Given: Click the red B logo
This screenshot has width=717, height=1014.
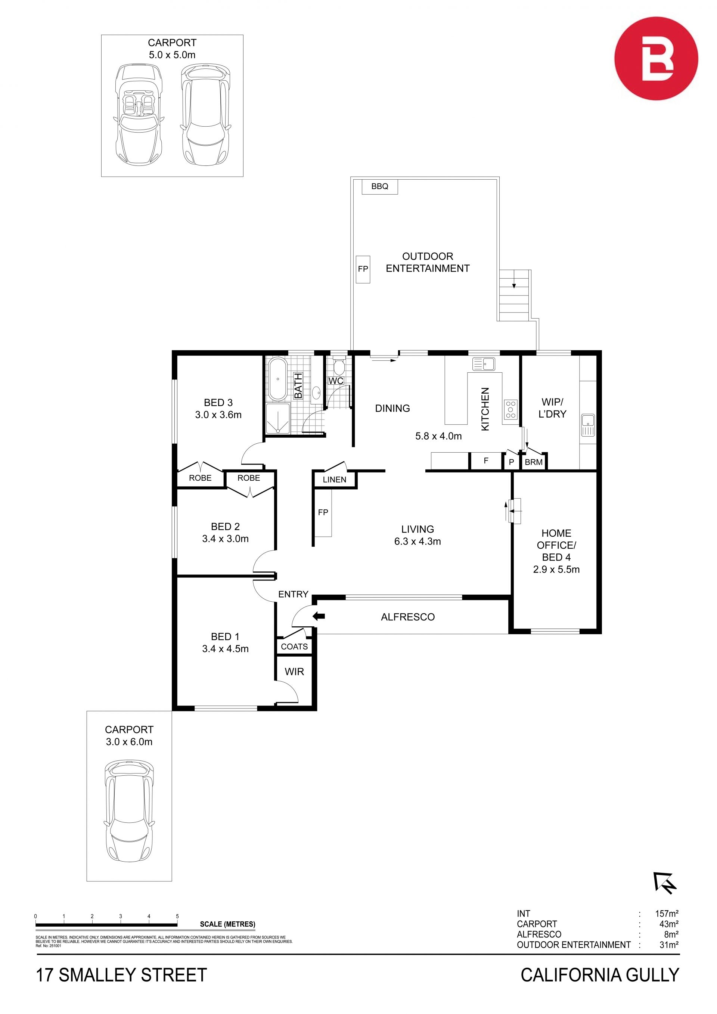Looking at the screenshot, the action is [656, 58].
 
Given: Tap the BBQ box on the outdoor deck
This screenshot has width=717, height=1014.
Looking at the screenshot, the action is [380, 186].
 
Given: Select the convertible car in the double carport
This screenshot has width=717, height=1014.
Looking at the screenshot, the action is [139, 115].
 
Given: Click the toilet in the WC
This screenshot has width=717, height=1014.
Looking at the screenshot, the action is [339, 366].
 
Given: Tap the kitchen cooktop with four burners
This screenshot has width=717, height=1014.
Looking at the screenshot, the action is [511, 409].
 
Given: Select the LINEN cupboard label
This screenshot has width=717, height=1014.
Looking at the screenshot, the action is [334, 480].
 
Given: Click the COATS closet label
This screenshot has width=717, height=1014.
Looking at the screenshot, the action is [295, 646].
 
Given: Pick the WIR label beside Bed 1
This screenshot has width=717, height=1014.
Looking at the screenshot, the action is [295, 672].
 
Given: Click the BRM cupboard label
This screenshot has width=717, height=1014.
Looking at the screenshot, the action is [533, 462].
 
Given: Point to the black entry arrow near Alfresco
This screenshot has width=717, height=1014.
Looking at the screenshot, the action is [318, 616].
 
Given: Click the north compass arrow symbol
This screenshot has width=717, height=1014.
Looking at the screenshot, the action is [665, 883].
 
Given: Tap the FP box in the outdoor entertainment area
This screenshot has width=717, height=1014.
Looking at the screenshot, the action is [363, 269].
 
